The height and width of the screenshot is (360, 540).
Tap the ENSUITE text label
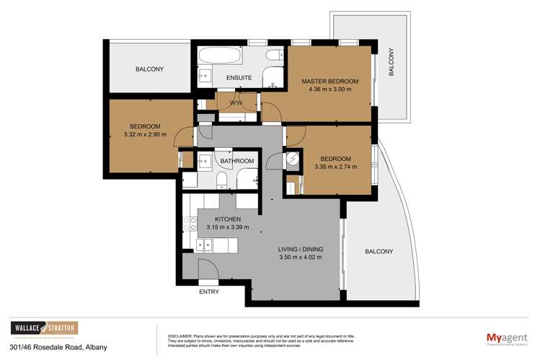click(x=239, y=77)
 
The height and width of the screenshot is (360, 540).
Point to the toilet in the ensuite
click(x=275, y=56)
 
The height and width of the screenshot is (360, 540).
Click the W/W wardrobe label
click(x=236, y=103)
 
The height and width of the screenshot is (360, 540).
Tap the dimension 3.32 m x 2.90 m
click(x=145, y=134)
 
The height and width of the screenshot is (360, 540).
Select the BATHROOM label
click(x=238, y=161)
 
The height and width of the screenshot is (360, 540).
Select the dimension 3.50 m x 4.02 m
click(x=299, y=257)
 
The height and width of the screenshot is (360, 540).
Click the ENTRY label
click(x=208, y=293)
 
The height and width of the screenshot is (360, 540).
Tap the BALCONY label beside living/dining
click(x=379, y=251)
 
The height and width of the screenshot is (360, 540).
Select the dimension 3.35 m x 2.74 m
click(x=335, y=167)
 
